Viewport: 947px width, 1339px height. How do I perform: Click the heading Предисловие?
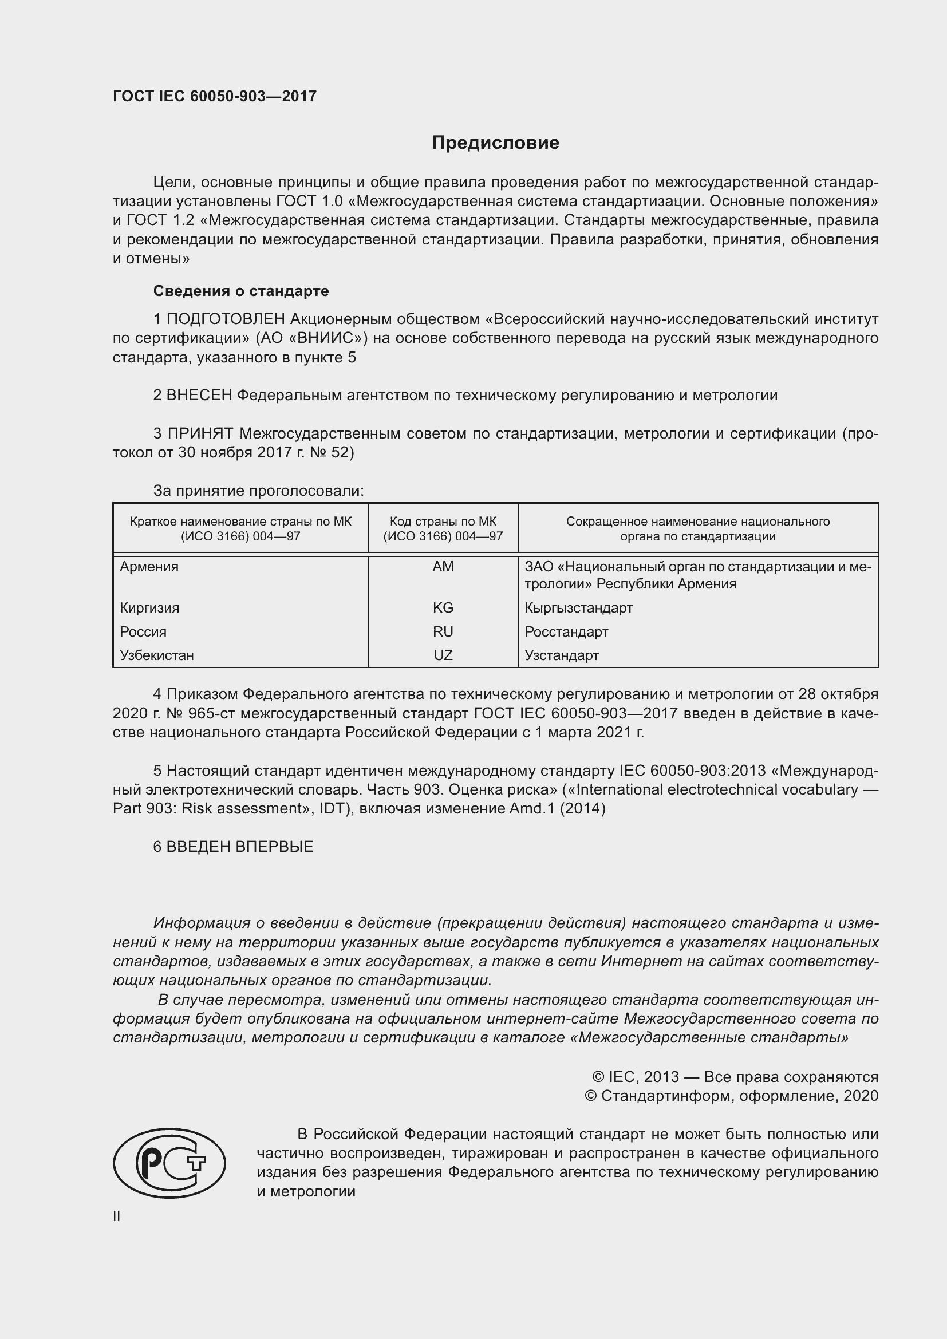tap(495, 143)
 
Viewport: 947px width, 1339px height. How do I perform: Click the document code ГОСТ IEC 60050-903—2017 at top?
tap(215, 96)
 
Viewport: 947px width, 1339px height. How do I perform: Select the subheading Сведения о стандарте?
tap(241, 290)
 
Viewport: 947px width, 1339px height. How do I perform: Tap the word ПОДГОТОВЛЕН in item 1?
tap(226, 319)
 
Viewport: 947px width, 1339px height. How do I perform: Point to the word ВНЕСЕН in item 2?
tap(199, 396)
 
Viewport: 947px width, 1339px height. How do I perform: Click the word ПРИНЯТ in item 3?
tap(200, 433)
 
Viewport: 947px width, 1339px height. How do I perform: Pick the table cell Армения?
tap(149, 566)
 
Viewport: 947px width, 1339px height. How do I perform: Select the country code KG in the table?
tap(443, 608)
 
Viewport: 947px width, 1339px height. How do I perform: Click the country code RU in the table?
tap(443, 631)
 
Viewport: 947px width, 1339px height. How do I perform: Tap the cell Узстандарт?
tap(562, 655)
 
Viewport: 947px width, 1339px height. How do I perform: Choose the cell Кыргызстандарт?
tap(578, 608)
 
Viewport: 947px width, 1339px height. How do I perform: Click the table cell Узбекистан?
tap(157, 655)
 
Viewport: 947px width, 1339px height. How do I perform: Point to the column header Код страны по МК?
tap(443, 522)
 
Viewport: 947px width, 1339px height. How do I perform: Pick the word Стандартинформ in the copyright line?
tap(667, 1096)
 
